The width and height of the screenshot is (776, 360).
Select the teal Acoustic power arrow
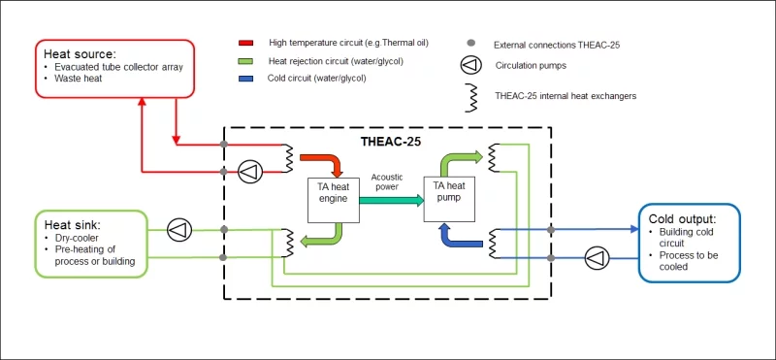click(x=391, y=201)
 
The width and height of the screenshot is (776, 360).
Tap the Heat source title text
click(x=80, y=52)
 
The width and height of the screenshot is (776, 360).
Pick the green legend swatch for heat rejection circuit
click(x=246, y=61)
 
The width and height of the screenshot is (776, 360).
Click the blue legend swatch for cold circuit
click(x=246, y=79)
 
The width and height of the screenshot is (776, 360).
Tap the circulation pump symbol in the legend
click(x=469, y=68)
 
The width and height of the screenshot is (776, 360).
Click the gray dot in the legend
click(x=469, y=45)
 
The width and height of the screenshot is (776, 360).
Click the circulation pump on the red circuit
click(x=250, y=172)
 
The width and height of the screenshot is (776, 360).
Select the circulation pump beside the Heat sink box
click(x=178, y=230)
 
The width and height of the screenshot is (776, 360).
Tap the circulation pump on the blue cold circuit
click(x=596, y=257)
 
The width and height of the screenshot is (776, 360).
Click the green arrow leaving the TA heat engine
click(x=322, y=238)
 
